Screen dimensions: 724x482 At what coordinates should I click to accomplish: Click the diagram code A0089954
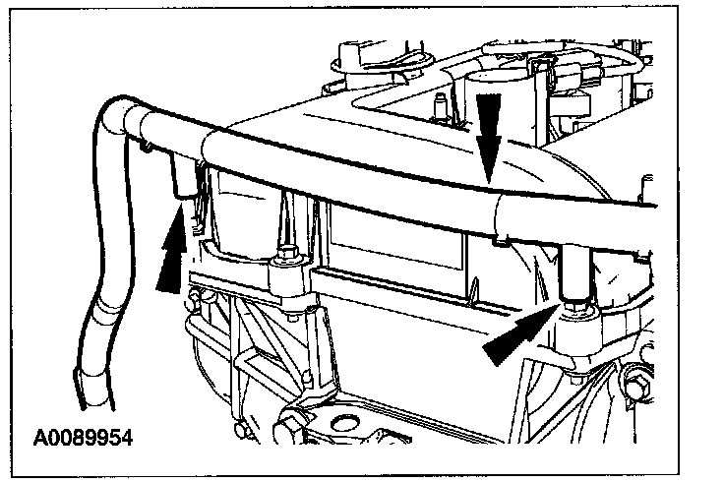pos(84,433)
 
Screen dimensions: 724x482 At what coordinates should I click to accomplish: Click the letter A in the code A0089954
pos(39,433)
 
